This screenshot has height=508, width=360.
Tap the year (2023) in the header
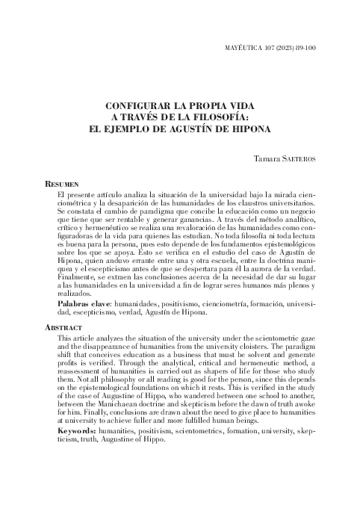click(x=279, y=48)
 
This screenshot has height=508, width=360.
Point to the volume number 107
click(x=263, y=48)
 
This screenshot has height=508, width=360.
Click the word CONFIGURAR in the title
click(x=137, y=107)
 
